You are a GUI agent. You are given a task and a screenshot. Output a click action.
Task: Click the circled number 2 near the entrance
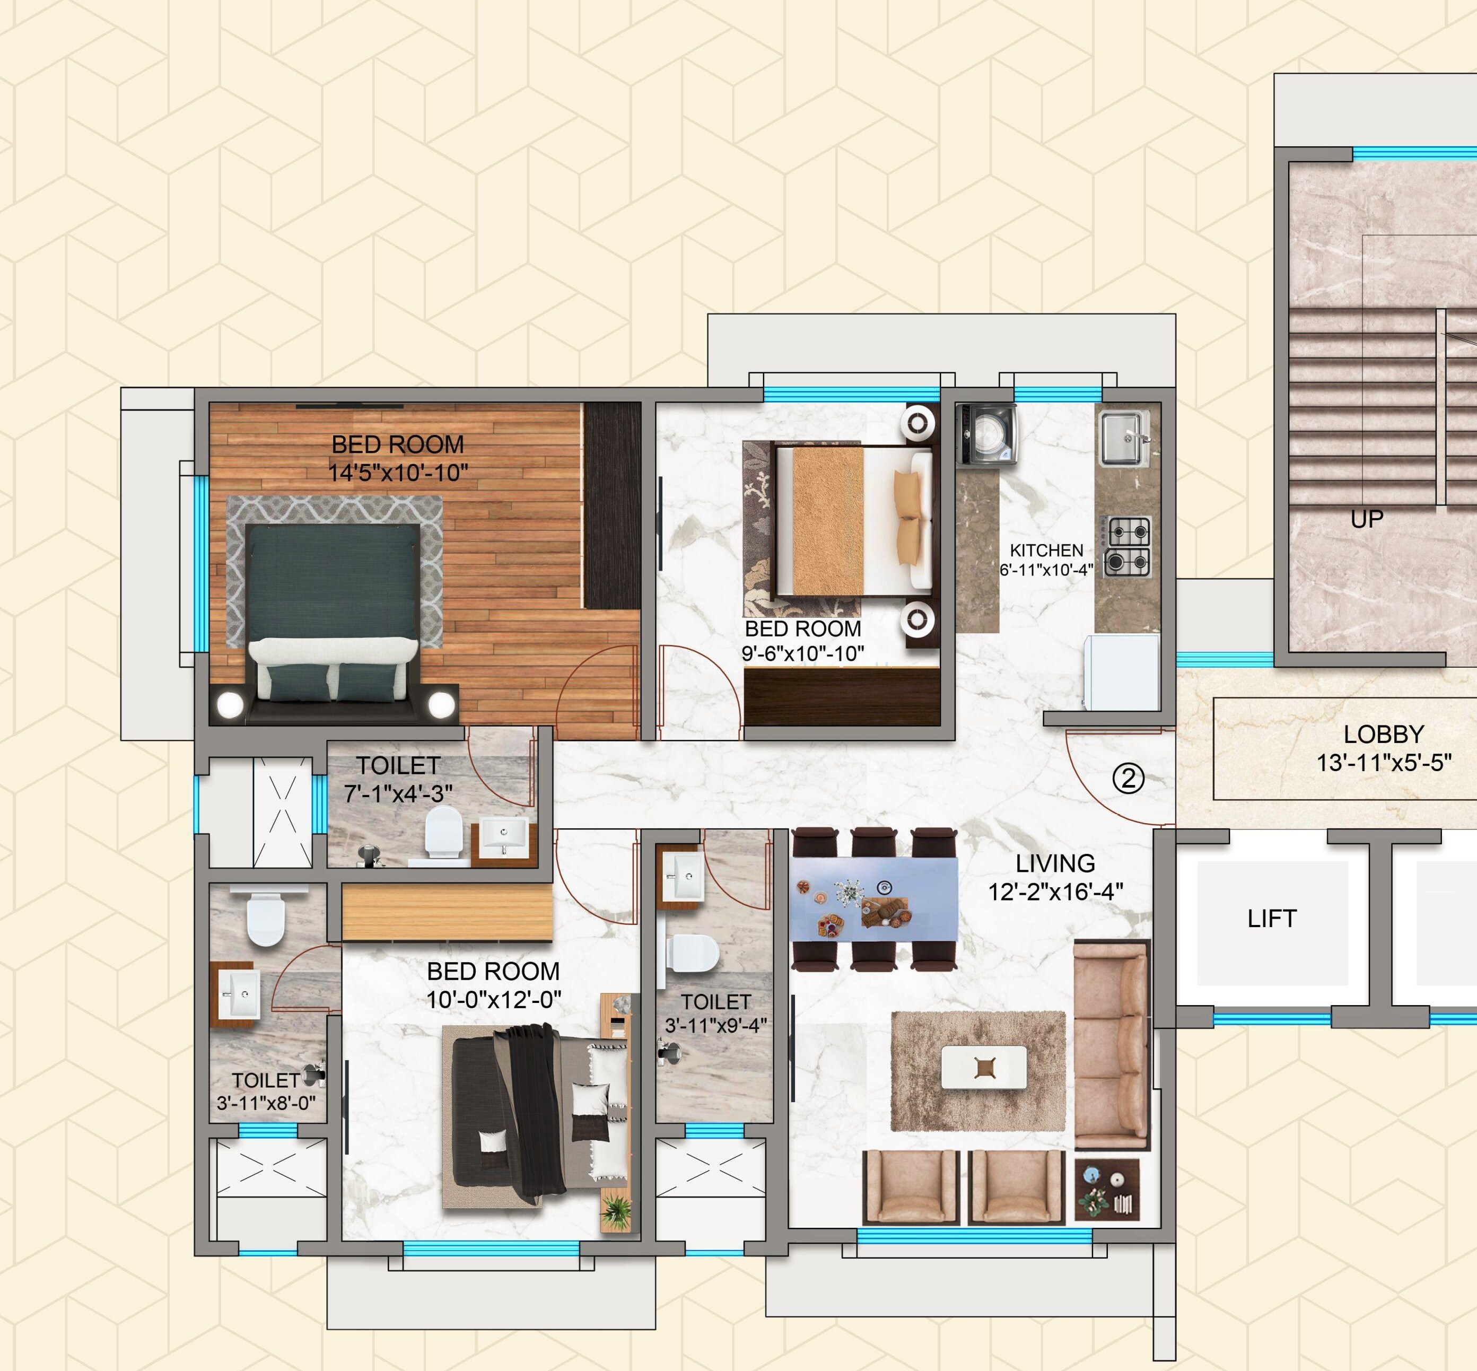1129,779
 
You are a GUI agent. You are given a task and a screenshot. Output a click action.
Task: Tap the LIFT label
1272,919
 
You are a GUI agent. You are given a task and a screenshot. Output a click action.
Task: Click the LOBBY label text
1384,735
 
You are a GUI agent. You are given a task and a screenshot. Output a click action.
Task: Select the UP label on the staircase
1367,519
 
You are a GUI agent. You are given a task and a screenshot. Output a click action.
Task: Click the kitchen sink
1123,438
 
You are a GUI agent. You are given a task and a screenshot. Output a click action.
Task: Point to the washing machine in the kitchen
986,434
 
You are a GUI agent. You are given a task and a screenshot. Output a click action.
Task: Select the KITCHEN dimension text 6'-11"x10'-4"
1046,570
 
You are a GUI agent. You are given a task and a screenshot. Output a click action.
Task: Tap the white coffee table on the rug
984,1068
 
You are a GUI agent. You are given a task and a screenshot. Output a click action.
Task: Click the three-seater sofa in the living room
1111,1045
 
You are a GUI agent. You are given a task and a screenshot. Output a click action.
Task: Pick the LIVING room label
1055,863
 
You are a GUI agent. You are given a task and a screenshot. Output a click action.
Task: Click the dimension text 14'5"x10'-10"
398,473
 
